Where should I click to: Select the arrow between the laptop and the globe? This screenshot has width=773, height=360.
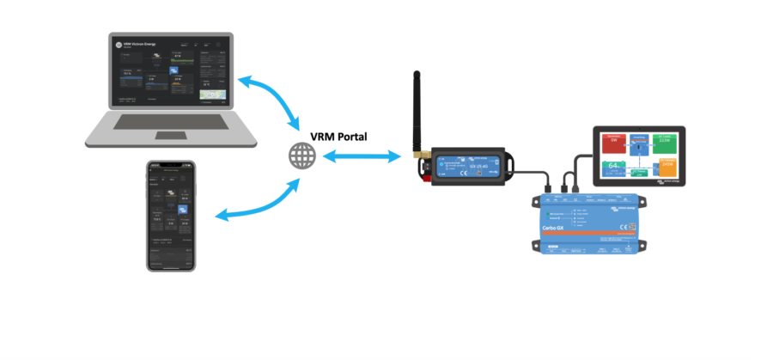(x=270, y=99)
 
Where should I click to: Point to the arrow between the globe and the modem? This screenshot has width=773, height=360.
(x=362, y=156)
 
